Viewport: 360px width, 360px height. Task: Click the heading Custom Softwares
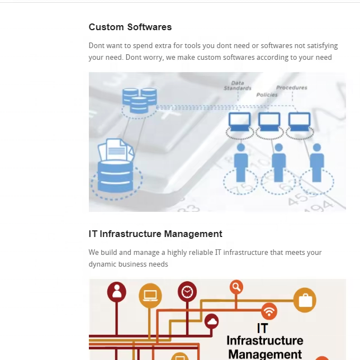[130, 27]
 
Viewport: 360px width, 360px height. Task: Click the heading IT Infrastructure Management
[155, 234]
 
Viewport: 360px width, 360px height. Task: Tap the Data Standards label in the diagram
[238, 86]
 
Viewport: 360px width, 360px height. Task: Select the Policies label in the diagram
[267, 95]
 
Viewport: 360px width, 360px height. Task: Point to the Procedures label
[291, 88]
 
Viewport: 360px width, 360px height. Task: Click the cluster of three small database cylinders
[140, 100]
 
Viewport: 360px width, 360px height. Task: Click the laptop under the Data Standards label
[240, 121]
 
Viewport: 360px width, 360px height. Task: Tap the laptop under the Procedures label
[300, 121]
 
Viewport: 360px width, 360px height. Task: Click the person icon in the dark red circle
[117, 292]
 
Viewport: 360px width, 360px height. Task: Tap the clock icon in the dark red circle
[187, 292]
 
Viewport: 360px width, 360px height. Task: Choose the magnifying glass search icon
[236, 287]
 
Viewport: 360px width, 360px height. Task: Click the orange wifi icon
[269, 311]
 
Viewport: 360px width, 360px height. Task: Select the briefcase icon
[305, 301]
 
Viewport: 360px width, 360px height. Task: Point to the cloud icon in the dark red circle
[211, 322]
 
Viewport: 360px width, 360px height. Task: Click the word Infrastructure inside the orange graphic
[264, 340]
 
